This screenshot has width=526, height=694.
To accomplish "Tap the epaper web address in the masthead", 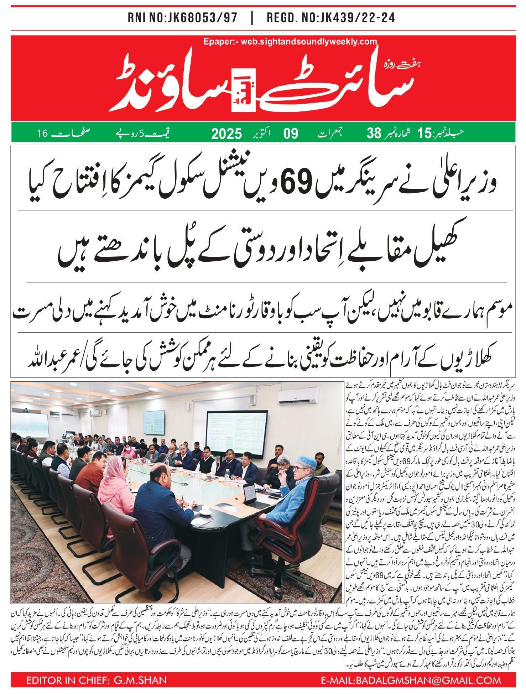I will click(x=290, y=42).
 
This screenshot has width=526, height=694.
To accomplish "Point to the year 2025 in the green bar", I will click(x=226, y=134).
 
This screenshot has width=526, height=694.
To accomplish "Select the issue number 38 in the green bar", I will click(x=374, y=134).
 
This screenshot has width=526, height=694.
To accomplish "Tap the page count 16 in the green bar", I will click(x=42, y=134).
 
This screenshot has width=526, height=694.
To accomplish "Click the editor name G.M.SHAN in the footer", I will click(x=140, y=680).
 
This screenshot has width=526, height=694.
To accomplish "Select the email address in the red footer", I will click(x=411, y=680).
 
